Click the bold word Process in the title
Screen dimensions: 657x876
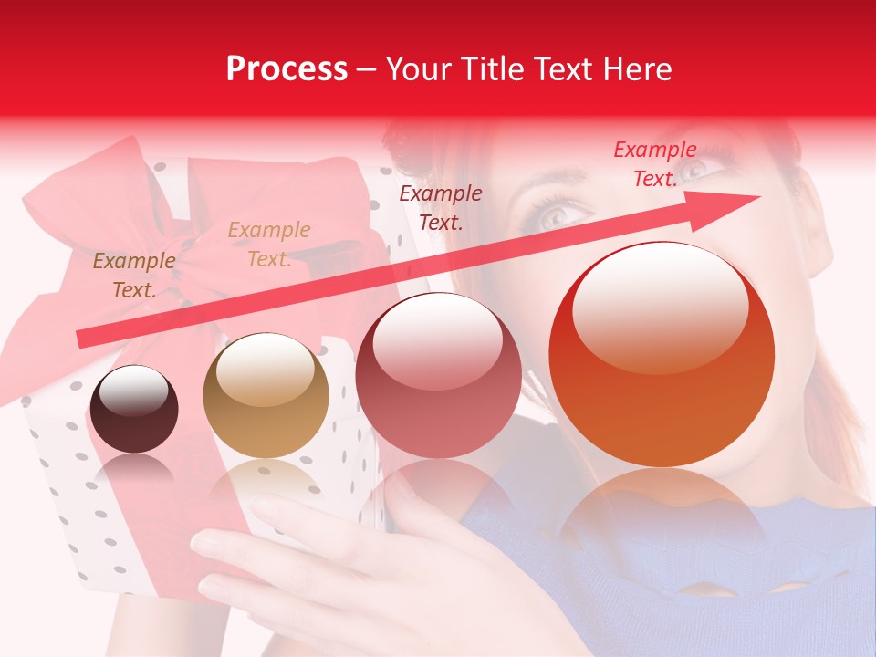pos(287,69)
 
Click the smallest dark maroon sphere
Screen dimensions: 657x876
pos(134,409)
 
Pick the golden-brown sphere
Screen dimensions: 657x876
pos(266,395)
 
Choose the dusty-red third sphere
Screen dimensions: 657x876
pos(438,376)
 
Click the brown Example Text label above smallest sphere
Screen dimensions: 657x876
pos(134,276)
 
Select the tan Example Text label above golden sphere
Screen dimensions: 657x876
pos(269,245)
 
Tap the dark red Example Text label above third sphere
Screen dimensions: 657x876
pos(441,207)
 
